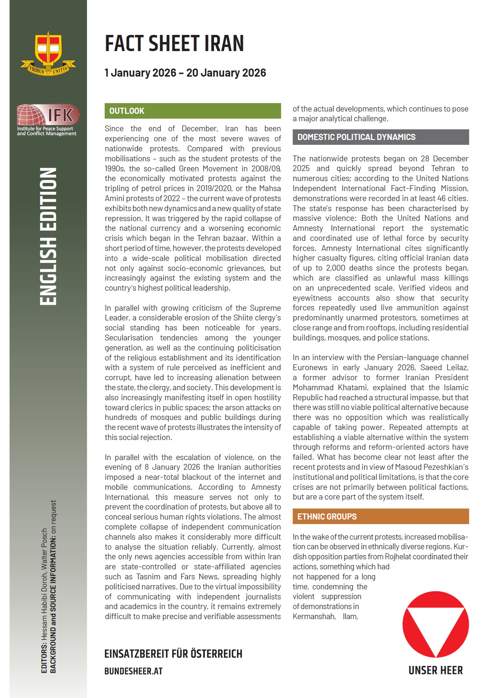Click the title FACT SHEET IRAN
[x=174, y=44]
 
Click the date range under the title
[x=185, y=73]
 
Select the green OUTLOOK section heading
[x=193, y=111]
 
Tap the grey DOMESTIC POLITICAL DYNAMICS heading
[x=381, y=137]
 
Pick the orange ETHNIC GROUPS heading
[x=381, y=516]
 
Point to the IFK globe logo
[x=31, y=115]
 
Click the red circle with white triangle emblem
[x=435, y=624]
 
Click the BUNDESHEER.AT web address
[x=133, y=671]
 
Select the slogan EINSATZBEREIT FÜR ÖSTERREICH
[x=173, y=654]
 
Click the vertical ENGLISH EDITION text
[x=48, y=236]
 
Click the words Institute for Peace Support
[x=45, y=129]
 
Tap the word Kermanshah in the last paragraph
[x=314, y=617]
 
